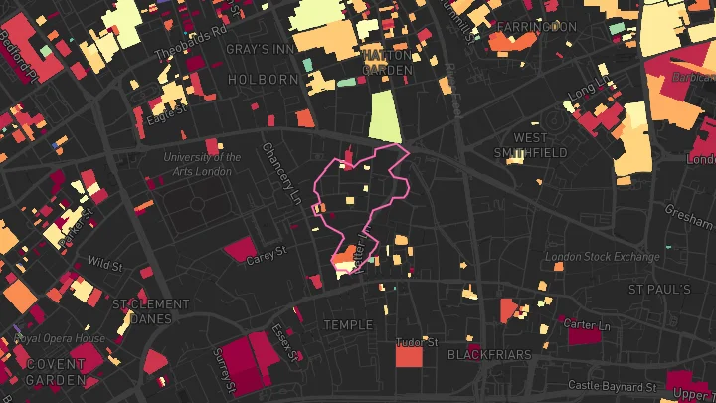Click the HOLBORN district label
coord(263,79)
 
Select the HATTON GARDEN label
coord(386,63)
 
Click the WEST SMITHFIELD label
coord(531,145)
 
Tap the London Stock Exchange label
coord(603,257)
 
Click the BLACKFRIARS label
coord(484,354)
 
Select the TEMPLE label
coord(348,325)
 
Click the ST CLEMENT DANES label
coord(150,311)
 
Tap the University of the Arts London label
coord(203,163)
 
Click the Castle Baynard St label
coord(612,385)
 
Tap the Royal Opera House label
coord(60,338)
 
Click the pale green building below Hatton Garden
coord(384,116)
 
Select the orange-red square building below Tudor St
coord(409,355)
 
